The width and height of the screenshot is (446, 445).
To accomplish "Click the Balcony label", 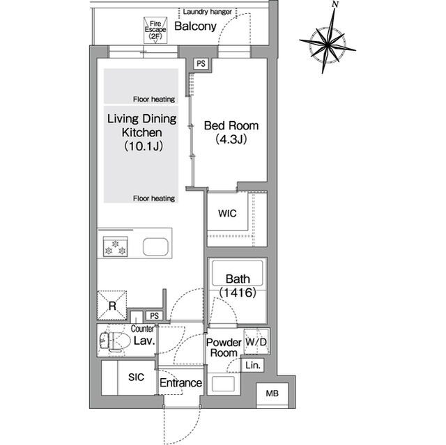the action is tap(195, 26).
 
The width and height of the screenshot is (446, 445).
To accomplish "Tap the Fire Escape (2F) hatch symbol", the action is tap(155, 30).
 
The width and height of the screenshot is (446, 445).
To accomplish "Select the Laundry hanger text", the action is tap(208, 12).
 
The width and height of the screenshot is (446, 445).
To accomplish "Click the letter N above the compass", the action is tap(336, 4).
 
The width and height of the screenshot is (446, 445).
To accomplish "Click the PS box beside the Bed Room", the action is tap(201, 63).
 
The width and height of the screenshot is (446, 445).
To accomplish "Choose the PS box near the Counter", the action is tap(155, 315).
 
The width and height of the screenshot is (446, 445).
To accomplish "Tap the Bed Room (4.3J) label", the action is tap(231, 132).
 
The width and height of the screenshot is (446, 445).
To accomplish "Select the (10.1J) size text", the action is tap(144, 146).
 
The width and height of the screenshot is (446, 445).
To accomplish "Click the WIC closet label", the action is tap(227, 213).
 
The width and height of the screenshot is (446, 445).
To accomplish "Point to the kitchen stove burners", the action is tap(115, 247).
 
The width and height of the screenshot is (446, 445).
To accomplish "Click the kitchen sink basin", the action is tap(155, 247).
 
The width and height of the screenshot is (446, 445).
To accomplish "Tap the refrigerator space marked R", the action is tap(112, 306).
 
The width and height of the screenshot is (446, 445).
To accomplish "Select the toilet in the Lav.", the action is tap(111, 340).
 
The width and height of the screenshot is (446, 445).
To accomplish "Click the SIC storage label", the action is tap(136, 377).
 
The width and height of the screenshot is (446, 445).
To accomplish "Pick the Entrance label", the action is tap(180, 383).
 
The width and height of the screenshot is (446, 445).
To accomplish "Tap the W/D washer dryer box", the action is tap(256, 341).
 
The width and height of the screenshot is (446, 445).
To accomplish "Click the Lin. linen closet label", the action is tap(253, 365).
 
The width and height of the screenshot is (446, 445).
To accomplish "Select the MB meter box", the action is tap(272, 393).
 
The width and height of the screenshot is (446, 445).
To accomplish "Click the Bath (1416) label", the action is tap(238, 286).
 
